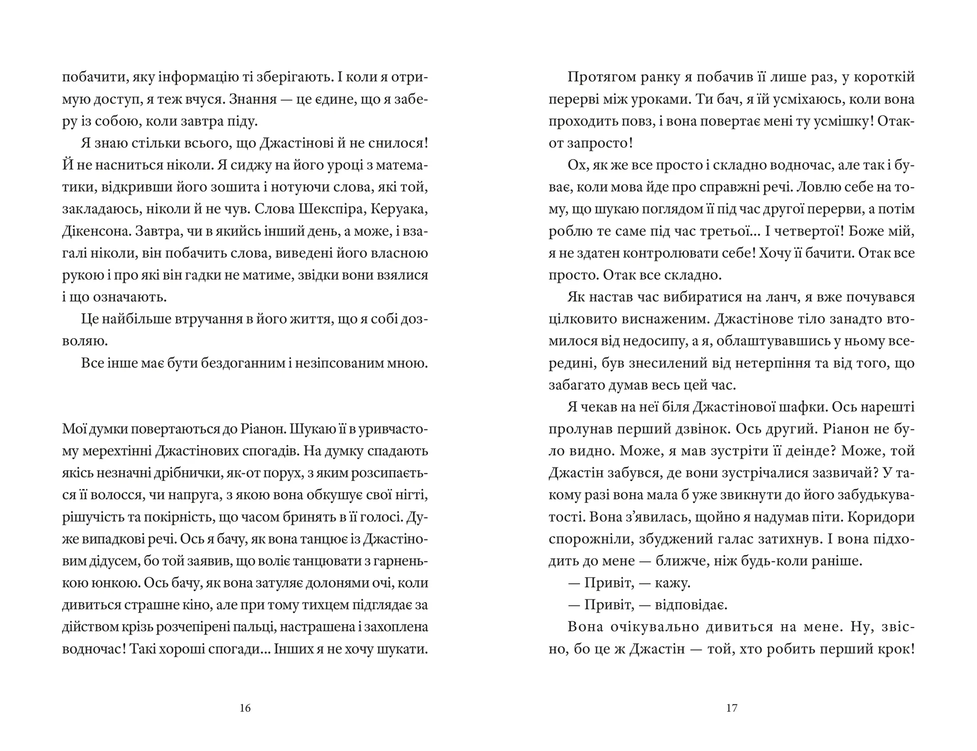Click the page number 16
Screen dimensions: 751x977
(x=245, y=708)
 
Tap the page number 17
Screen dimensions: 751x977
(x=732, y=708)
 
